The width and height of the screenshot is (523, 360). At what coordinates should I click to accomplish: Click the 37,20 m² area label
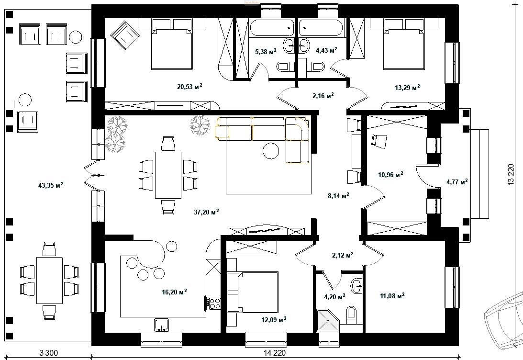pyautogui.click(x=206, y=212)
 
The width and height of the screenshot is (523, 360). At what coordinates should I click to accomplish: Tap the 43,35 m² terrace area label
pyautogui.click(x=51, y=185)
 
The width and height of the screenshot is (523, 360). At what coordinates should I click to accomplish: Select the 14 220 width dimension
pyautogui.click(x=274, y=353)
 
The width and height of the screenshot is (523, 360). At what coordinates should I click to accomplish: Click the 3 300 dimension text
pyautogui.click(x=49, y=353)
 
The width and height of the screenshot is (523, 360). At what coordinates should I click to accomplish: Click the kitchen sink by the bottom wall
pyautogui.click(x=161, y=325)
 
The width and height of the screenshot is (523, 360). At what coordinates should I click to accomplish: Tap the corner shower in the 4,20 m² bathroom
pyautogui.click(x=327, y=321)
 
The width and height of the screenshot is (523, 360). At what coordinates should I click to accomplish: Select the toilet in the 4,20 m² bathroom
pyautogui.click(x=352, y=315)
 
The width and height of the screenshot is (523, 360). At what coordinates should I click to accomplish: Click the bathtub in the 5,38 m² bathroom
pyautogui.click(x=271, y=28)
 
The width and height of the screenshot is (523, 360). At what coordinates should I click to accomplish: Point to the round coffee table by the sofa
pyautogui.click(x=271, y=151)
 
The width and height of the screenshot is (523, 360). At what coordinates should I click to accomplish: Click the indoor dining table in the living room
pyautogui.click(x=168, y=175)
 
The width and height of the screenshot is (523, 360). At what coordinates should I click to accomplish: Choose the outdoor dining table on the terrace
pyautogui.click(x=49, y=280)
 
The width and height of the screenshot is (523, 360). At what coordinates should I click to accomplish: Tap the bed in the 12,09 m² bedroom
pyautogui.click(x=253, y=292)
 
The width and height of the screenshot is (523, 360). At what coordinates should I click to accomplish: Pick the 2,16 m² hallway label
pyautogui.click(x=323, y=96)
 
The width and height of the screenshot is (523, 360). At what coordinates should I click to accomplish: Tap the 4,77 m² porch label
pyautogui.click(x=456, y=181)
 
